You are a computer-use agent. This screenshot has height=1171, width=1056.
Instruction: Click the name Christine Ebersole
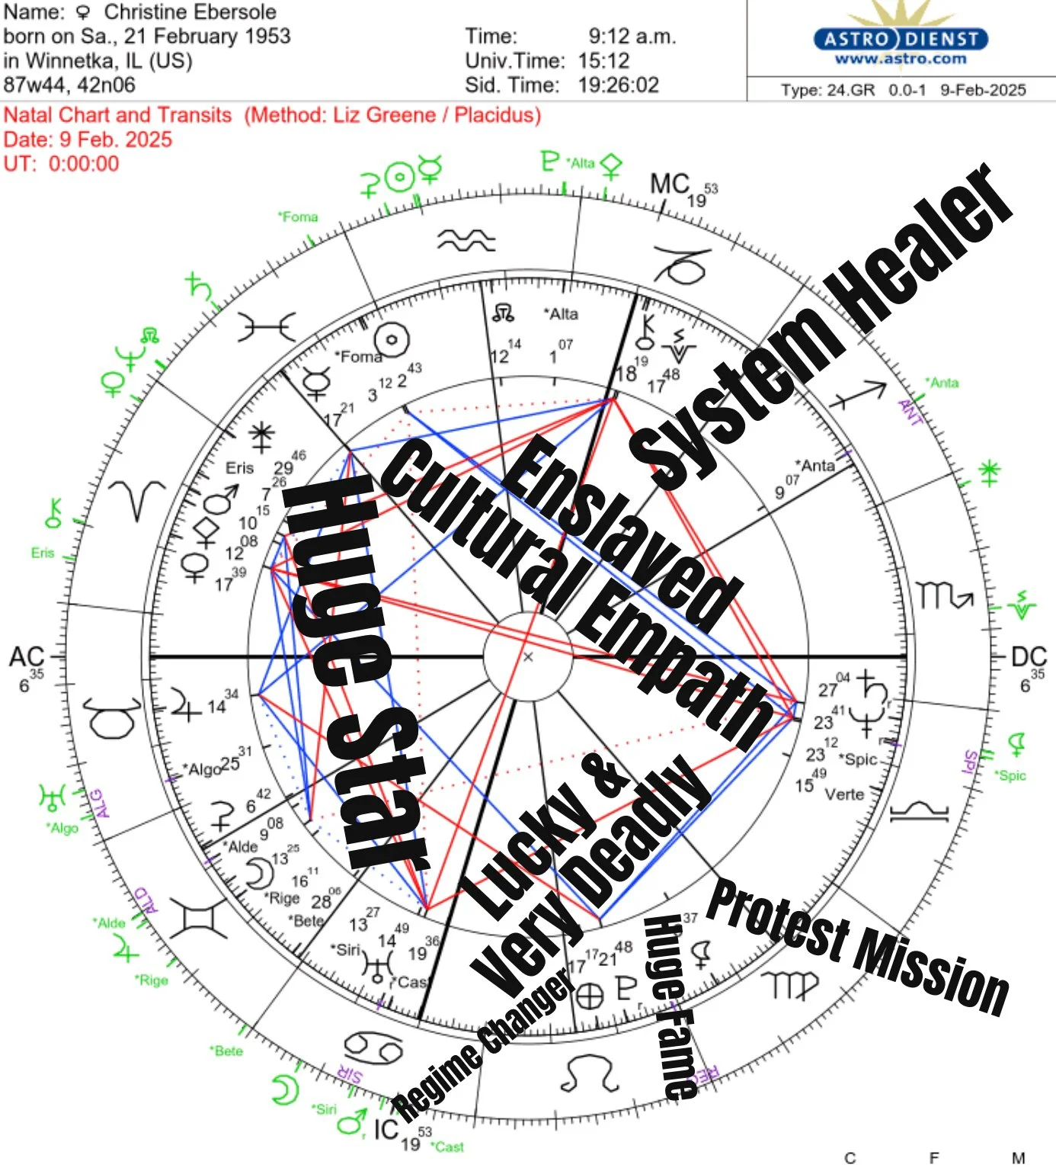190,12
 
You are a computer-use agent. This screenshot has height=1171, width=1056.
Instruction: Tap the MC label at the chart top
669,184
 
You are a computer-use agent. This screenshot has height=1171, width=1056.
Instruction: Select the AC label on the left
26,657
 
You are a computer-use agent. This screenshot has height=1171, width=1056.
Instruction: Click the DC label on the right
1029,657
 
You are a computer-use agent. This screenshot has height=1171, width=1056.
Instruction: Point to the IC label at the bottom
386,1129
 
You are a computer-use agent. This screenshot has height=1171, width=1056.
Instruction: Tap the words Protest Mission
858,945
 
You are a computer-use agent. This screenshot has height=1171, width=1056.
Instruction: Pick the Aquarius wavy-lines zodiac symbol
466,241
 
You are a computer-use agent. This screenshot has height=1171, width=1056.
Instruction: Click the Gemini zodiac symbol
198,918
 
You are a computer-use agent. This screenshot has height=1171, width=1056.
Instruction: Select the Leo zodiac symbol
588,1073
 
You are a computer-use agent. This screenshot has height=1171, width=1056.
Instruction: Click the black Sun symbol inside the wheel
392,341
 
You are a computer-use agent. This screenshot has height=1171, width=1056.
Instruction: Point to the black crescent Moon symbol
259,872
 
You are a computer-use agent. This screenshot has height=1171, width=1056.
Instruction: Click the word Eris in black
239,468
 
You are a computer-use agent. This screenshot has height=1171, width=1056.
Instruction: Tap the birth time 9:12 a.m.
632,36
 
